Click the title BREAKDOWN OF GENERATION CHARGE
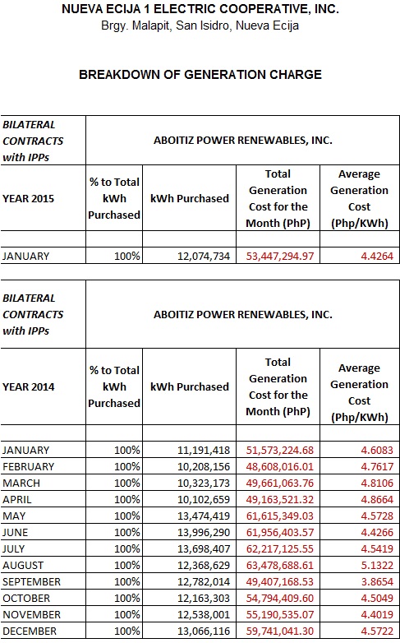(200, 75)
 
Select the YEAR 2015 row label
(28, 199)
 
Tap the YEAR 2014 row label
(28, 387)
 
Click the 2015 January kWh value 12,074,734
(204, 257)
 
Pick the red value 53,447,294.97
(280, 257)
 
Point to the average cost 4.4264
(377, 257)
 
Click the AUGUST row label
(23, 566)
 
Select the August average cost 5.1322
(377, 566)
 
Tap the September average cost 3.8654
(377, 582)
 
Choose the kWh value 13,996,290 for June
(204, 533)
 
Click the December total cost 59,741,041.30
(280, 631)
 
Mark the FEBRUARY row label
(28, 467)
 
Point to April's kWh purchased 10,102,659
(204, 500)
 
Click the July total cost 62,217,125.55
(280, 549)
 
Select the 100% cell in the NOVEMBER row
(127, 615)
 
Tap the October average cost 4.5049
(377, 599)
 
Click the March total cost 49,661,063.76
(280, 483)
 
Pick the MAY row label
(14, 516)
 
